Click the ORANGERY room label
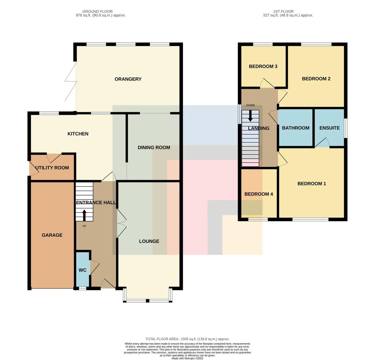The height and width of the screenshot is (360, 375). coord(128,79)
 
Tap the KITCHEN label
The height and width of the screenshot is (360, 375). coord(78,134)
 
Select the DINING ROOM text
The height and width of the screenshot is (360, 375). coord(154,148)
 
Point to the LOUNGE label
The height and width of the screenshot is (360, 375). coord(149,241)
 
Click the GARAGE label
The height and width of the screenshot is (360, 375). coord(52,235)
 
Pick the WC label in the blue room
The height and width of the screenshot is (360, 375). coord(82,270)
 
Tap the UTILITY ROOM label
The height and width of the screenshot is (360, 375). coord(52,168)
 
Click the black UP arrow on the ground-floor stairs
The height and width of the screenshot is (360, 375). coord(84,215)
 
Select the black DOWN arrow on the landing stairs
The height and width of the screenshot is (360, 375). coord(250,116)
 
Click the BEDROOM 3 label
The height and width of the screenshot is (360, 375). coord(263,67)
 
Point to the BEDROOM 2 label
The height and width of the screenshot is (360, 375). coord(316,79)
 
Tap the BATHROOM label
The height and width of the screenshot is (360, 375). coord(296,128)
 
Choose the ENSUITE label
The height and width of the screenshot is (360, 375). coord(329,128)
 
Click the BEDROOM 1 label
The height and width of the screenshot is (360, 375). coord(312,184)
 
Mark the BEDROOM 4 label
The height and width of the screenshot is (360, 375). coord(259,194)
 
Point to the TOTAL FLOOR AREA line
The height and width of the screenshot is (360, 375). coord(187,339)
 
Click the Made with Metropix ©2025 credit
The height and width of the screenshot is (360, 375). coord(187,358)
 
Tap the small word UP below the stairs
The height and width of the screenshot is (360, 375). coord(84,226)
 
